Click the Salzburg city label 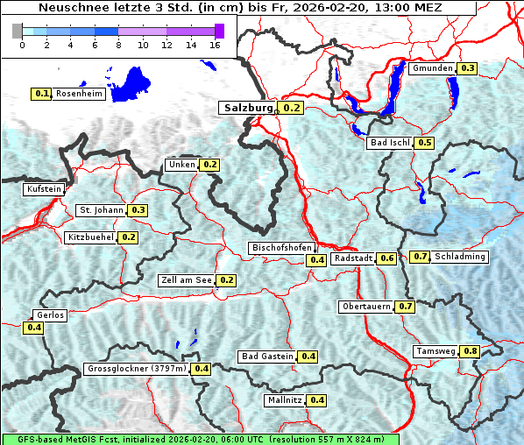[249, 108]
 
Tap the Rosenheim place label [79, 93]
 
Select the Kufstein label [44, 188]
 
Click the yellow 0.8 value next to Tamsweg [471, 351]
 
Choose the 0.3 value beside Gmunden [467, 68]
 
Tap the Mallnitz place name [284, 400]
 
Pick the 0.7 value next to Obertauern [405, 307]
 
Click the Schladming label [460, 257]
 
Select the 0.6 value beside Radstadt [386, 258]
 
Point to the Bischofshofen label [280, 249]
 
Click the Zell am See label [187, 280]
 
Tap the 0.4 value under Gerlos [34, 328]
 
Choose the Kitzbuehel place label [90, 237]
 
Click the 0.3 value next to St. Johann [138, 210]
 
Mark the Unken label [181, 165]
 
